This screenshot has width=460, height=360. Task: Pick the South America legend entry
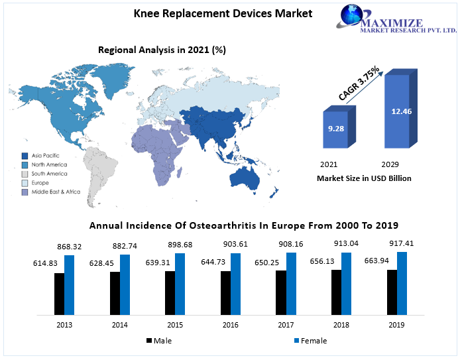point(44,174)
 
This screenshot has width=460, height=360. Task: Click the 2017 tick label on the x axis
point(286,324)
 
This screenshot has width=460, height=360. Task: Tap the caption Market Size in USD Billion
point(364,178)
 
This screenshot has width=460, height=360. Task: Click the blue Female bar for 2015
point(180,283)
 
